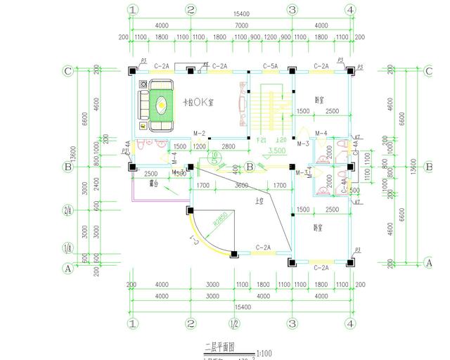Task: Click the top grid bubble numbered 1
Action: (x=131, y=10)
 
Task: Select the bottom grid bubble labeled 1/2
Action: (x=233, y=324)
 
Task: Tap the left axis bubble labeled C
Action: (x=68, y=70)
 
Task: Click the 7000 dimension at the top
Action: (x=240, y=25)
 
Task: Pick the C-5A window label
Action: (x=270, y=65)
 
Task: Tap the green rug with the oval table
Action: (x=161, y=106)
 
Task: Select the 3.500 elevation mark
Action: (x=276, y=150)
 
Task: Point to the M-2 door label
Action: (x=198, y=134)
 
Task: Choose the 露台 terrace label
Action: (x=154, y=184)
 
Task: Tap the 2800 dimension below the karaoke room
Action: (x=228, y=146)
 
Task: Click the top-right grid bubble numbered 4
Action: (x=349, y=10)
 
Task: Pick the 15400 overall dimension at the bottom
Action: (x=240, y=308)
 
